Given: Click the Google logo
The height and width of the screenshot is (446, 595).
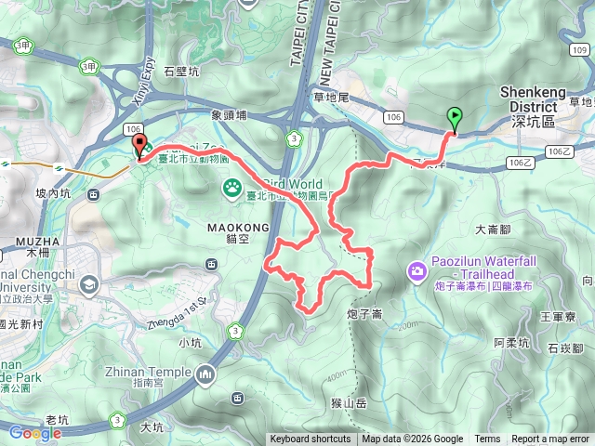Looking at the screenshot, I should tap(35, 432).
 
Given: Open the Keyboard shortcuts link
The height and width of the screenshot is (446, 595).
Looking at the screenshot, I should tap(311, 439).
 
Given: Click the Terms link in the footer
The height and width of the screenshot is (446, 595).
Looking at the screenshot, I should tap(487, 439).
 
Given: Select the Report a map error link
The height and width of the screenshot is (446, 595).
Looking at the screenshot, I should tap(550, 439).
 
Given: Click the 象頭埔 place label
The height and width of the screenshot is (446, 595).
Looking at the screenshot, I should tap(229, 116).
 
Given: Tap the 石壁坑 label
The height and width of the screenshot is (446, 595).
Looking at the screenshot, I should tap(181, 71).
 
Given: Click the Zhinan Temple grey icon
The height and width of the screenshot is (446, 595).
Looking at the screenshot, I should tap(205, 374).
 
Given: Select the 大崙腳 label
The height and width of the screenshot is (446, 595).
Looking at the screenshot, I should tap(493, 228).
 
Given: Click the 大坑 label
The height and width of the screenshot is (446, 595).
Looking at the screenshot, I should tap(152, 427).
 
